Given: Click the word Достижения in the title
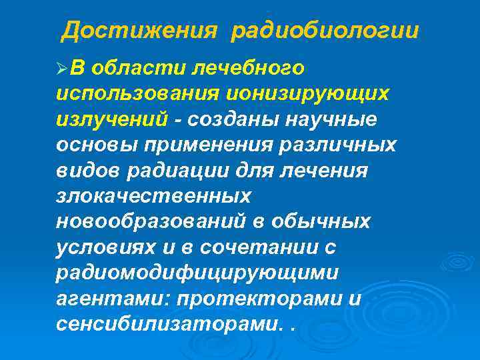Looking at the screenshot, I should pos(139,31).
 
